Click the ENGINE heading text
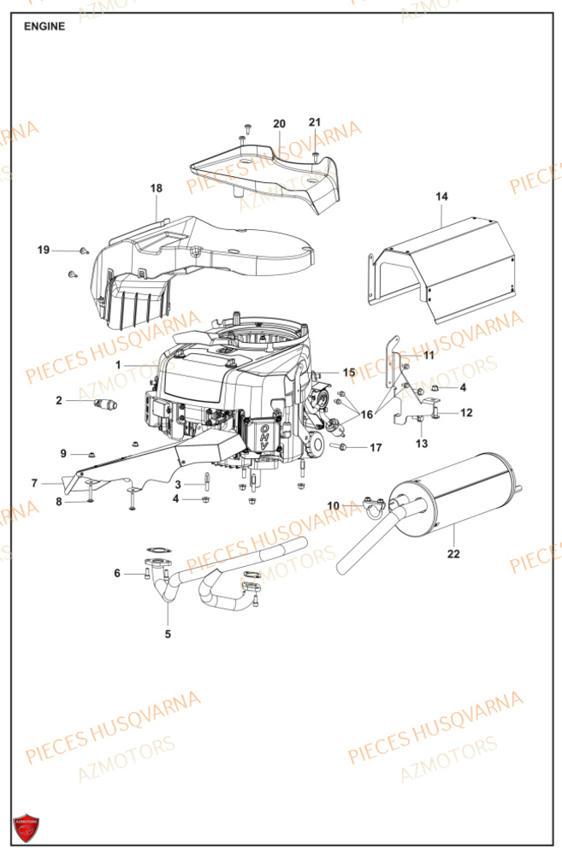44,27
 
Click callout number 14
441,197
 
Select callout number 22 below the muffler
453,554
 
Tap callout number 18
156,188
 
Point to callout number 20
279,124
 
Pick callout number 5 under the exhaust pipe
168,634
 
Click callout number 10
334,505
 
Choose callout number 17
376,447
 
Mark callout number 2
59,399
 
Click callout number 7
35,483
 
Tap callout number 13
422,444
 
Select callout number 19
44,250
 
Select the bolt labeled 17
340,446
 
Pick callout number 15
349,373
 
